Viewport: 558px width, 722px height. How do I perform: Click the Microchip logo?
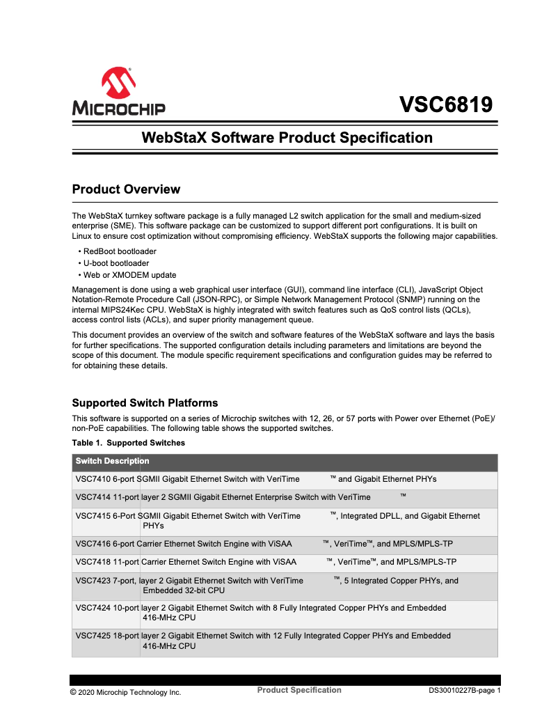coord(118,91)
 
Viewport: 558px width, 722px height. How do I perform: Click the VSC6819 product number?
coord(445,104)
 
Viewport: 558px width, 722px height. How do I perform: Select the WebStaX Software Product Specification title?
coord(287,137)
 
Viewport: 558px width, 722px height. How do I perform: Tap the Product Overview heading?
coord(126,189)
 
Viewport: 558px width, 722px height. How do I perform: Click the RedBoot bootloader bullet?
coord(120,251)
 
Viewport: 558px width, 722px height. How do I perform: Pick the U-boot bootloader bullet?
coord(116,263)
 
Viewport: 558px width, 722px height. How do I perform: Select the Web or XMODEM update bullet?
coord(129,275)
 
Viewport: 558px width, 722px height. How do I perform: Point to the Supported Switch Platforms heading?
coord(145,403)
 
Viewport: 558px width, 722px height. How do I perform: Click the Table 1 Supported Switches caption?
coord(129,443)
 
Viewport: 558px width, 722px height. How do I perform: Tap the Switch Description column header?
coord(112,461)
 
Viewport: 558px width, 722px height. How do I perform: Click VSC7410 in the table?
coord(92,479)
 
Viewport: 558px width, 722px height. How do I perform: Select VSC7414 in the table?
coord(92,497)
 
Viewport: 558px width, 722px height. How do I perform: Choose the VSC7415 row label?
coord(92,516)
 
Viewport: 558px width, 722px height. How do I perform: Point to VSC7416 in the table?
coord(92,544)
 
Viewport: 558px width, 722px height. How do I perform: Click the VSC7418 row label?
coord(92,562)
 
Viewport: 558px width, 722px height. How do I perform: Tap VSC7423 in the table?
coord(92,581)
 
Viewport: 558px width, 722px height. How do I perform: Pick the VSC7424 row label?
coord(92,608)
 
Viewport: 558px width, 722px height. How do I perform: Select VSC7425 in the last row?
coord(92,636)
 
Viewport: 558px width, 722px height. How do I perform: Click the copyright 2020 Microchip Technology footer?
coord(125,693)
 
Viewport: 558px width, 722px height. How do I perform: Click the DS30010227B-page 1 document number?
coord(464,691)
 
